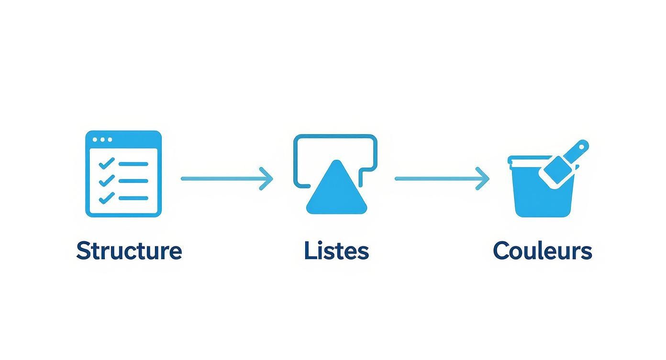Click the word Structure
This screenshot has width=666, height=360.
[129, 251]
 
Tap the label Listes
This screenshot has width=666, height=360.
[336, 251]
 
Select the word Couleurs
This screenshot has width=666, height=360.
[543, 251]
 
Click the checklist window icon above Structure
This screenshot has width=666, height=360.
[123, 173]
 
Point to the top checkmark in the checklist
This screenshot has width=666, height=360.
[106, 163]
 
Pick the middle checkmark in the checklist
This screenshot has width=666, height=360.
[106, 180]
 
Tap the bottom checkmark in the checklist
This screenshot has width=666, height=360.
[106, 197]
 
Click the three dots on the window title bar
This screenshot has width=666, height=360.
[102, 140]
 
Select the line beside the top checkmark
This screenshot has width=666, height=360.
[133, 164]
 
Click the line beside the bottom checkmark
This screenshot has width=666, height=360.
[133, 198]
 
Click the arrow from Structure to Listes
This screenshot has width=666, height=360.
[225, 179]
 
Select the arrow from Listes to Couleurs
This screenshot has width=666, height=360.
[440, 179]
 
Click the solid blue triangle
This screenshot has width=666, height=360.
[337, 191]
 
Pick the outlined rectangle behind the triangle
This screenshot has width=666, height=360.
[335, 137]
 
